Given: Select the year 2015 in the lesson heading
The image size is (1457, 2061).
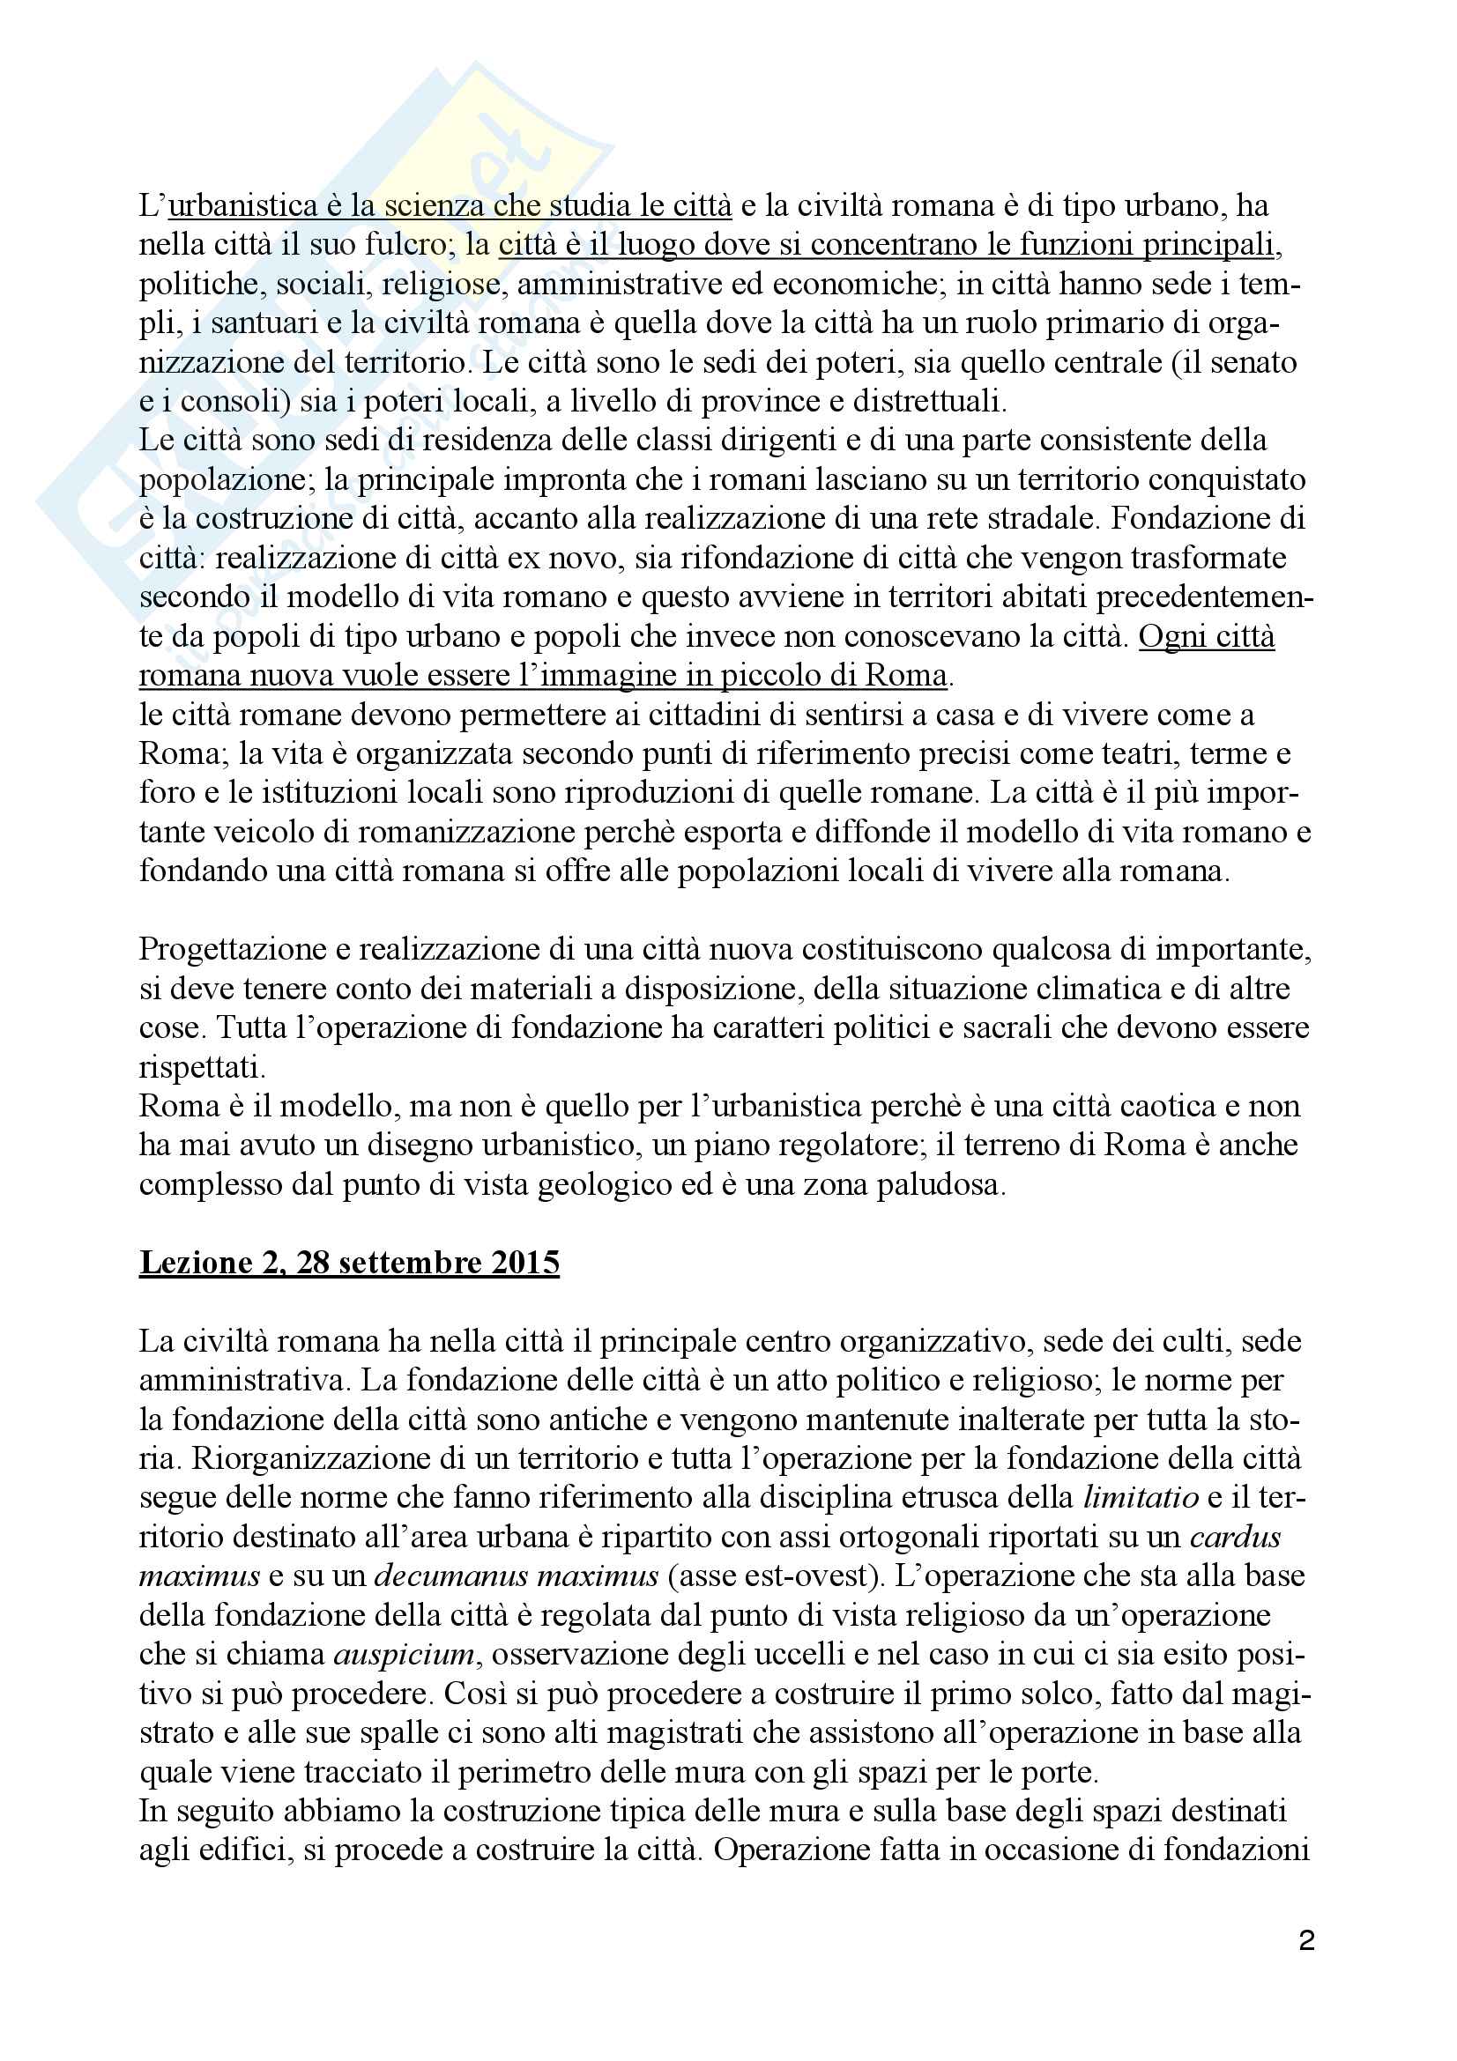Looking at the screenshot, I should (x=526, y=1262).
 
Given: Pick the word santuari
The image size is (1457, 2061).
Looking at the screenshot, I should (x=228, y=323).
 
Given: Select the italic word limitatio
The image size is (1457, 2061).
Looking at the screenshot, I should (x=1141, y=1497).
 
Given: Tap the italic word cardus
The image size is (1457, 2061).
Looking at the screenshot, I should (x=1235, y=1537).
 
